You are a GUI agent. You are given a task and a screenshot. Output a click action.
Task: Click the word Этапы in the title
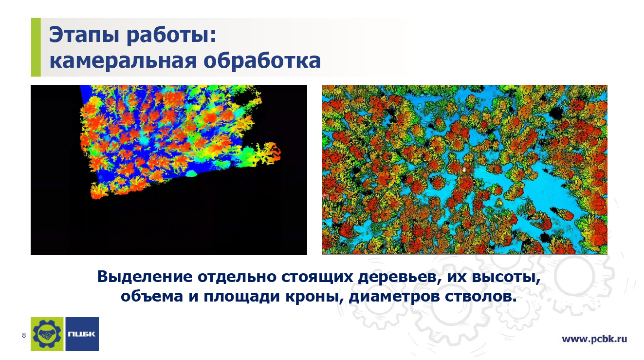[x=84, y=35]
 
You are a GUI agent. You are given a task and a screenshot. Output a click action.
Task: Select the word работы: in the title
[x=171, y=35]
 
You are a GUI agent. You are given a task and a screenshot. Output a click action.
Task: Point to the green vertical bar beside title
[x=36, y=47]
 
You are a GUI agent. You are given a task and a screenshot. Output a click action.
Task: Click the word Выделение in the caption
[x=145, y=277]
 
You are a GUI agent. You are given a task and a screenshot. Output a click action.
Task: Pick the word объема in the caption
[x=152, y=296]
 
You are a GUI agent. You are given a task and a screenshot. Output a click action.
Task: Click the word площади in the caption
[x=241, y=297]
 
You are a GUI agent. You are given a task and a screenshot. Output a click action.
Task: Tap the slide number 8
[x=24, y=335]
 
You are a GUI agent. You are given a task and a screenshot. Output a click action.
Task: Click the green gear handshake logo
[x=47, y=334]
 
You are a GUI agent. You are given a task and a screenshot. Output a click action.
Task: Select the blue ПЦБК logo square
[x=82, y=334]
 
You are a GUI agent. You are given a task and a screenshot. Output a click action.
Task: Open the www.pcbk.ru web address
[x=594, y=339]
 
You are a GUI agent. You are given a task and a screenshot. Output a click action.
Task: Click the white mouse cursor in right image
[x=464, y=170]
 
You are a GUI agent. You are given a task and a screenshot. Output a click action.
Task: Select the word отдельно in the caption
[x=237, y=277]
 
